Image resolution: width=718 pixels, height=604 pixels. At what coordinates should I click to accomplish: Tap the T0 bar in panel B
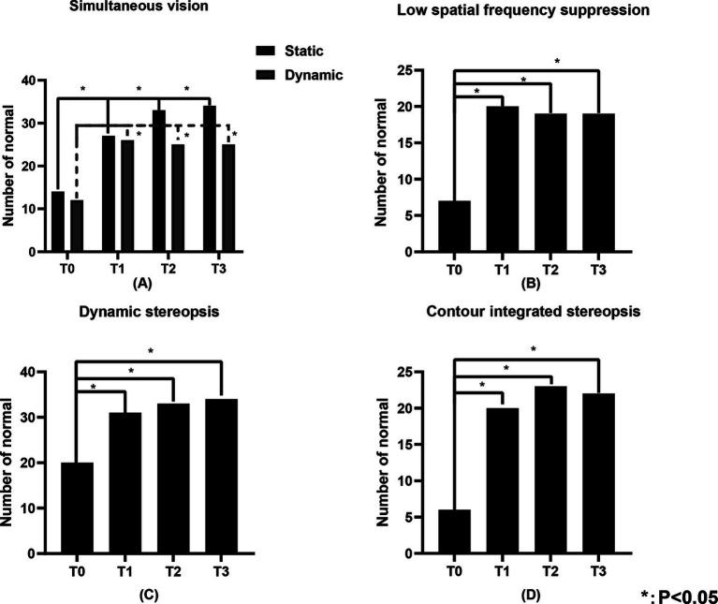[456, 227]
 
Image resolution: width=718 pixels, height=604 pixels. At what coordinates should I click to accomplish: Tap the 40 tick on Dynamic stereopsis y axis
[35, 373]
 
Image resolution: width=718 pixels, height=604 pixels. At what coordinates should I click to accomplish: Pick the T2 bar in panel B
[549, 183]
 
